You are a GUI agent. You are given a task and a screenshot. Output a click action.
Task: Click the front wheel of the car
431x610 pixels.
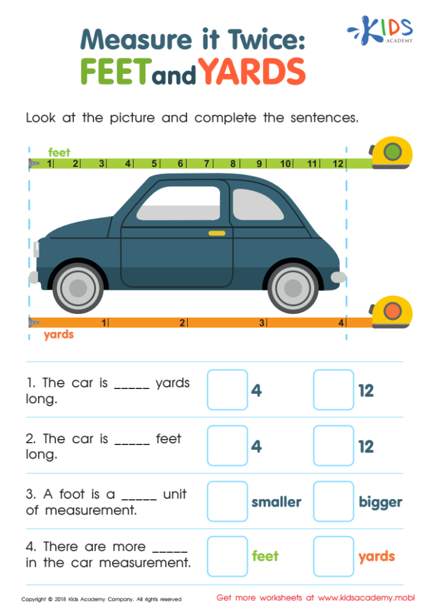click(x=78, y=287)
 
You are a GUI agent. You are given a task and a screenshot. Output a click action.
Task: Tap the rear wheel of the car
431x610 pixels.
click(x=293, y=287)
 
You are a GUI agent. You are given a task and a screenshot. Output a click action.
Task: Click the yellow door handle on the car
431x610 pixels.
click(x=217, y=233)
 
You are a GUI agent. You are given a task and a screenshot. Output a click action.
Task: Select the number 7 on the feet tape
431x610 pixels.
click(x=207, y=164)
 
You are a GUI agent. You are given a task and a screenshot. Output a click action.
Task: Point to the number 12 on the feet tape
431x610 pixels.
click(x=337, y=164)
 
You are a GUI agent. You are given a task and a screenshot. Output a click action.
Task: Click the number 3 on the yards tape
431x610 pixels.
click(x=262, y=323)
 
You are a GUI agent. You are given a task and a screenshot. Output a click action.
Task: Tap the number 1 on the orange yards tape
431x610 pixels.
click(x=104, y=323)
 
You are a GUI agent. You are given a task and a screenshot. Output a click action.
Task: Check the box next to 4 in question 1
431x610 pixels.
click(x=227, y=390)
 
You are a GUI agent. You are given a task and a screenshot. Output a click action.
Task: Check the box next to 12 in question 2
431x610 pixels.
click(x=333, y=446)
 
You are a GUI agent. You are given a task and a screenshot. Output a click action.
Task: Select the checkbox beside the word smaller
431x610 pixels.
click(x=227, y=501)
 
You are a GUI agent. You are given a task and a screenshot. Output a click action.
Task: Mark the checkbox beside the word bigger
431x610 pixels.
click(x=333, y=501)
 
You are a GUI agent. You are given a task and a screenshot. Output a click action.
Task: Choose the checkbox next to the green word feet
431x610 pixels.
click(x=227, y=556)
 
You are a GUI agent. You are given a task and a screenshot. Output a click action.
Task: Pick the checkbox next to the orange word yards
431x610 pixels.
click(x=333, y=556)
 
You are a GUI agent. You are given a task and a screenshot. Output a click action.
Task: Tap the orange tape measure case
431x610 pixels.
click(x=392, y=312)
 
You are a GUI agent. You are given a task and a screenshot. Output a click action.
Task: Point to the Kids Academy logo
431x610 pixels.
click(x=382, y=30)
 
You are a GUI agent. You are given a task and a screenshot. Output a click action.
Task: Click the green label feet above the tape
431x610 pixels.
click(x=59, y=152)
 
